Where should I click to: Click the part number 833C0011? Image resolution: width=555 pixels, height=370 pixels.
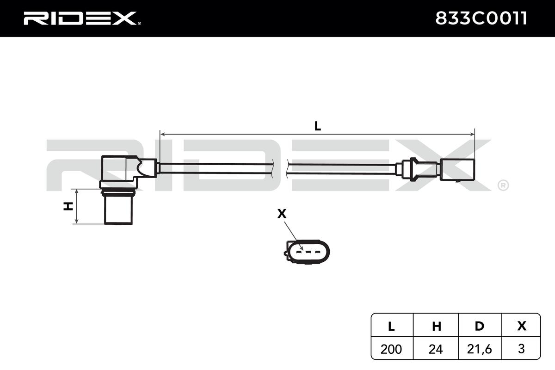pos(481,18)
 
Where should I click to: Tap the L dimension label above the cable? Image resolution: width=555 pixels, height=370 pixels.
pos(317,126)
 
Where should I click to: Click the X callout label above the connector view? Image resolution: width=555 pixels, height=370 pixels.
pos(282,214)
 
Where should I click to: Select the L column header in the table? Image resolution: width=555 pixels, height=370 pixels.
pos(391,326)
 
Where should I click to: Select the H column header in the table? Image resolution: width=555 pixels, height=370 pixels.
pos(436,326)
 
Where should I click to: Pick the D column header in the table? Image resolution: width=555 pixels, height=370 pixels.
pos(480,326)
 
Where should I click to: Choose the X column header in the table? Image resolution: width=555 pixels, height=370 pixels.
pos(522,326)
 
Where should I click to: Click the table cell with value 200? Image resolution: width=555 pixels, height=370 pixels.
pos(391,349)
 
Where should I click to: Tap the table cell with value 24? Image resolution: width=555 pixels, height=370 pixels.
pos(436,349)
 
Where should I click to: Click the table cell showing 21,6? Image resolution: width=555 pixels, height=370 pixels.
pos(480,349)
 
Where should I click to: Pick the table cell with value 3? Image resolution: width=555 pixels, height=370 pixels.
pos(522,349)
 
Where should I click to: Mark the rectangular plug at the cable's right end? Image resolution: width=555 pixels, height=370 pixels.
pos(458,169)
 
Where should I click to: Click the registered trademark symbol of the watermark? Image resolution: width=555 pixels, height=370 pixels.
pos(502,185)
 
